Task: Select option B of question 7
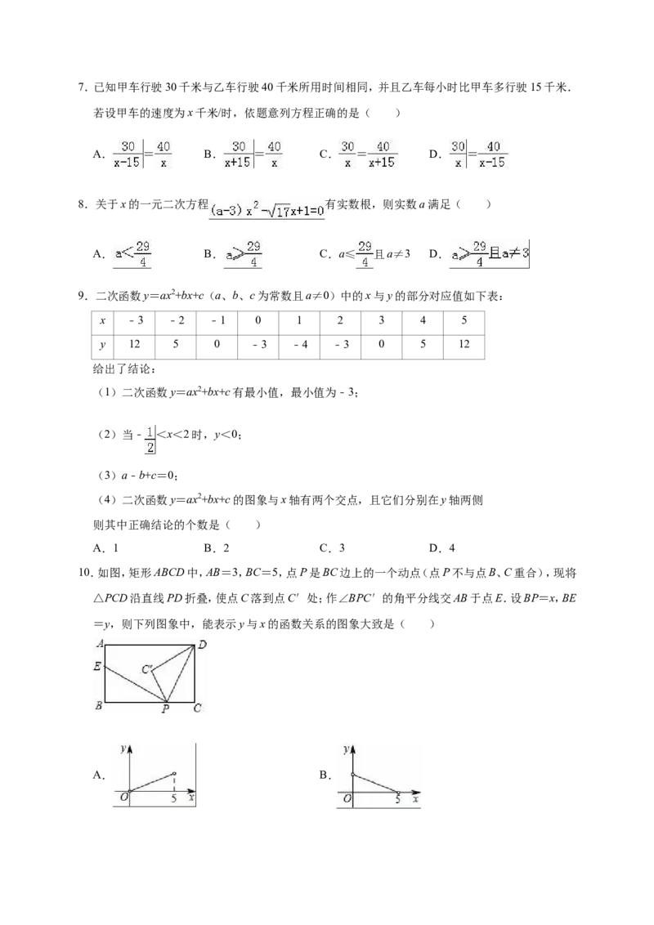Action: pos(243,154)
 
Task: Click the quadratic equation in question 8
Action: pos(267,209)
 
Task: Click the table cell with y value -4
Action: pos(299,345)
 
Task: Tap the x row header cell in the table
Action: pos(103,321)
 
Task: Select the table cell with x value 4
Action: pos(423,321)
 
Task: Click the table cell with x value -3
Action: pos(135,321)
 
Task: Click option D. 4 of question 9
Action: pos(442,548)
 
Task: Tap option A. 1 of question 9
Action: pos(105,548)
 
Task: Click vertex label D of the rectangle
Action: pos(202,645)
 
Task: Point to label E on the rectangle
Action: pos(97,667)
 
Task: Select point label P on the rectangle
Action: pos(166,709)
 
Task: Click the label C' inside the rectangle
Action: pos(148,669)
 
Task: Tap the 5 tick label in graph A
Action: pos(174,798)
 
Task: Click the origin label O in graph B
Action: pos(347,799)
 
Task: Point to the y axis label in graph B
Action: pos(345,750)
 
